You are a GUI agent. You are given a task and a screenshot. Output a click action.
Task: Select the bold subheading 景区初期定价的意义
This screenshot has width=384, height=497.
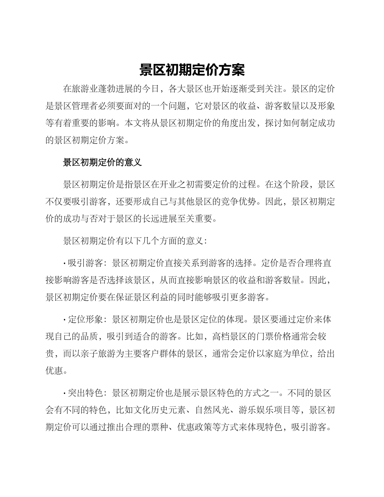(102, 163)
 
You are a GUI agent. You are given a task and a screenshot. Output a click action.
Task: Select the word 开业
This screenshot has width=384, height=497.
(174, 185)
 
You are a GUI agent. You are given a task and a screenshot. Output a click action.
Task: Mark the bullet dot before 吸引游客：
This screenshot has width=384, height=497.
(65, 263)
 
